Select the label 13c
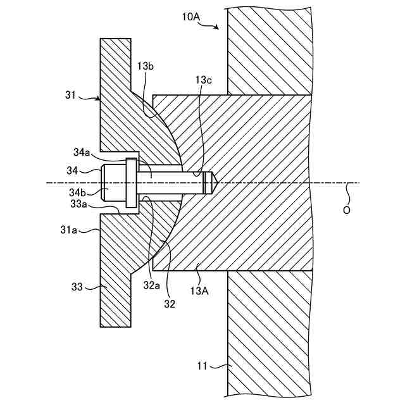click(204, 80)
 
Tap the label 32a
click(151, 285)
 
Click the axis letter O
click(346, 210)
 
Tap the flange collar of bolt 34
click(131, 183)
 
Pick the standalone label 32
click(169, 303)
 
